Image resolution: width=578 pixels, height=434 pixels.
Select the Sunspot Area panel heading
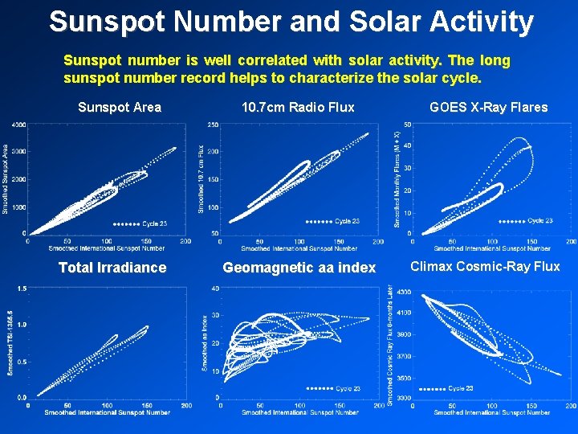coord(120,107)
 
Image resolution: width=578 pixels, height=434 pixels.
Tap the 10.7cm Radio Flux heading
coord(298,107)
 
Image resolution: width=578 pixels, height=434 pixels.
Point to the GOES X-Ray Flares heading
coord(489,107)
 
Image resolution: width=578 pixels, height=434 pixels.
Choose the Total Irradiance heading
coord(112,268)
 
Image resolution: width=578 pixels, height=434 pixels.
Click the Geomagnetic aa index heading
coord(299,268)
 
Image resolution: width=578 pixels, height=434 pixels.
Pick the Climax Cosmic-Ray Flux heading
coord(486,267)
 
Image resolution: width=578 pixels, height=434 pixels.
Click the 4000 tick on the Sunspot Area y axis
coord(18,125)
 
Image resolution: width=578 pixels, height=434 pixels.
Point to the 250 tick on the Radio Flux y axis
coord(214,125)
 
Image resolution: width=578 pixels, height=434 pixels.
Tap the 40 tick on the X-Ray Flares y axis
coord(407,145)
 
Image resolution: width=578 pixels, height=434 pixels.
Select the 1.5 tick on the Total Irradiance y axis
coord(21,288)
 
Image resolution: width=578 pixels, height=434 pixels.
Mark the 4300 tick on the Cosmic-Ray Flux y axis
coord(402,292)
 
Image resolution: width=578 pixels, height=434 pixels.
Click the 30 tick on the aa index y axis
coord(215,315)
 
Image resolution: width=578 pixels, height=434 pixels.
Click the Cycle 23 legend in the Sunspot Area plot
coord(140,223)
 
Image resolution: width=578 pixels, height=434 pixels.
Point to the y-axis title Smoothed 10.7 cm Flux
coord(201,178)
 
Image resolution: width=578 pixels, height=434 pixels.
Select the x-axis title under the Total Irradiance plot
coord(107,412)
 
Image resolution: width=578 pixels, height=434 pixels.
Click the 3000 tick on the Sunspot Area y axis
coord(18,151)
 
